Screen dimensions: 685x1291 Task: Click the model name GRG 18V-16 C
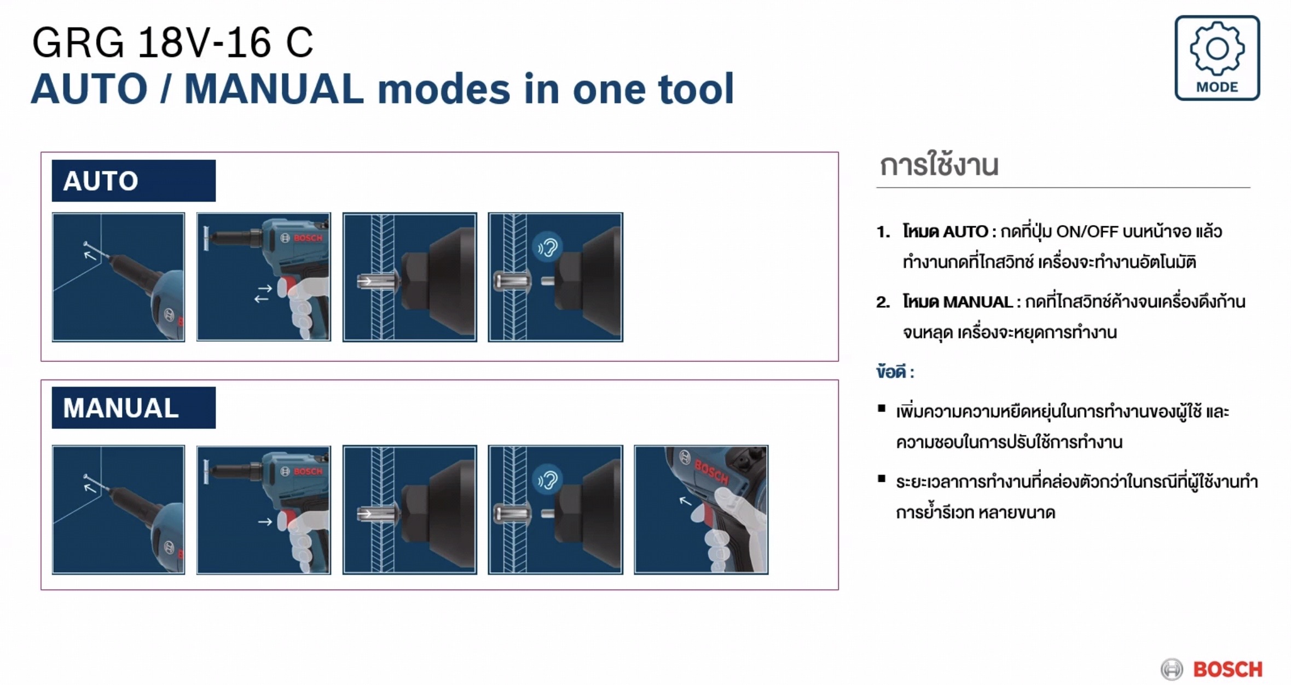[x=172, y=43]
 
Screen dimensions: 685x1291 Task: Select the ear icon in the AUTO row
[x=547, y=247]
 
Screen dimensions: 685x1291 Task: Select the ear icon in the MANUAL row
[x=547, y=480]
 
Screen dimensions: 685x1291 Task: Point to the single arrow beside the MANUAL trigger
[x=265, y=522]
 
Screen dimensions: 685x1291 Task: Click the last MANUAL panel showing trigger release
[x=701, y=510]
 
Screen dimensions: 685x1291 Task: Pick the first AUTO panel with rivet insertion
[x=118, y=277]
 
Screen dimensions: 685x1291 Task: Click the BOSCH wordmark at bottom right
[x=1228, y=669]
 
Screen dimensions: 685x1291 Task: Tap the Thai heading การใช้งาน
[x=939, y=165]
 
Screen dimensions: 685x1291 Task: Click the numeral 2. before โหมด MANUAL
[x=883, y=302]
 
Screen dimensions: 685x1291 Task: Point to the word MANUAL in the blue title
[x=274, y=89]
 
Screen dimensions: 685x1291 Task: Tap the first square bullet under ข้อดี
[x=881, y=408]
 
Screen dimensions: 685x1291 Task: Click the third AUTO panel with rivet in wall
[x=409, y=277]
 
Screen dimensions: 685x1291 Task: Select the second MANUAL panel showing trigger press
[x=263, y=510]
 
